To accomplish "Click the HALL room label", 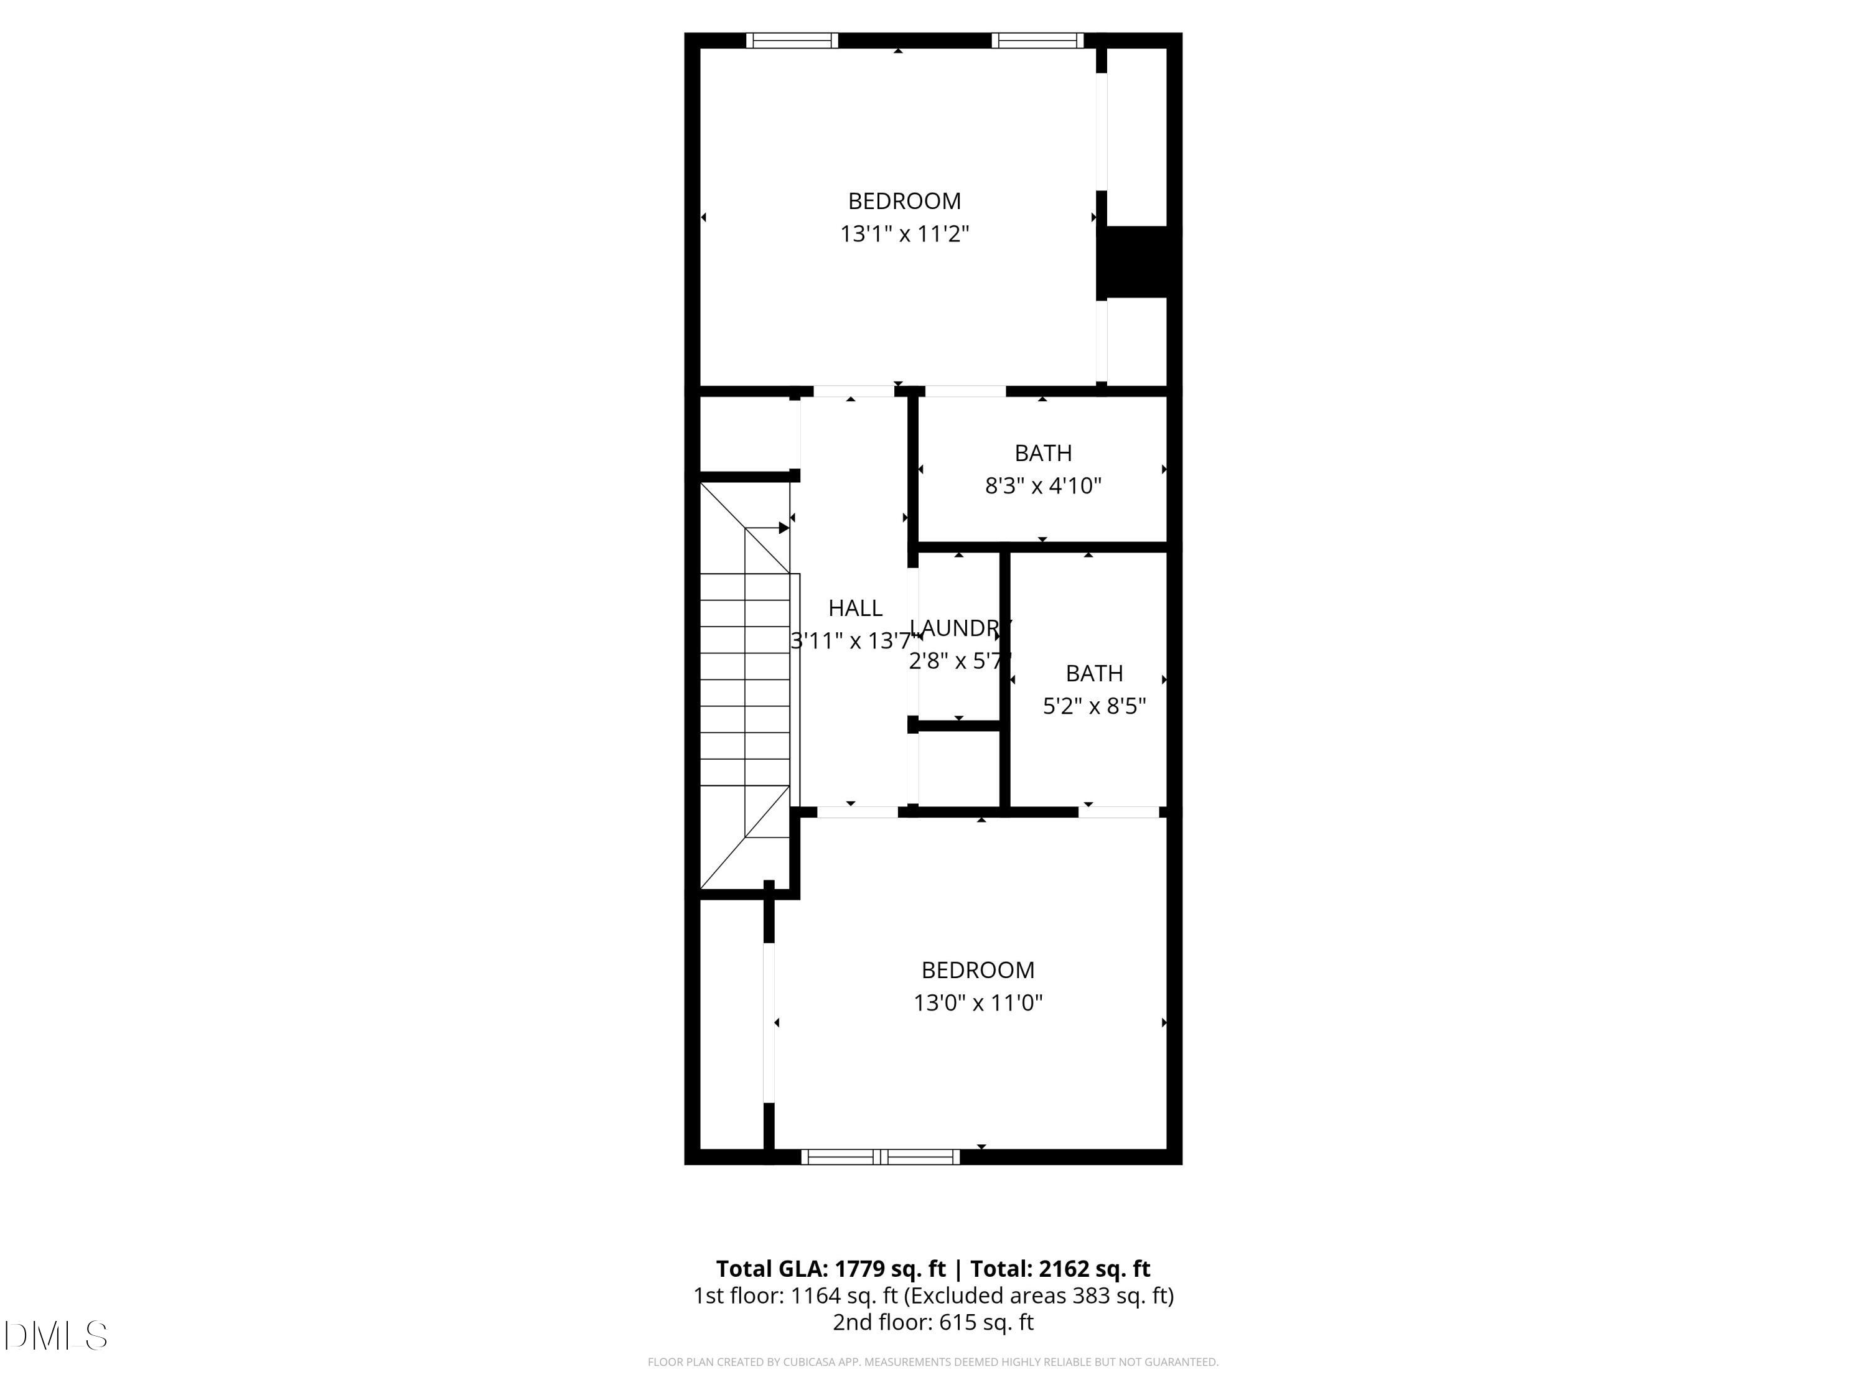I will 855,607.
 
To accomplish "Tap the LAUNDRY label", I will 960,628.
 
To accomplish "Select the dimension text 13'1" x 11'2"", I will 904,234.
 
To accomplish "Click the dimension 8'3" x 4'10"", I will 1043,486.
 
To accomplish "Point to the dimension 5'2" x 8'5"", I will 1094,706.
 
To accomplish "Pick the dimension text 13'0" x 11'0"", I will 978,1002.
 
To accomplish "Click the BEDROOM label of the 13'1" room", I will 904,201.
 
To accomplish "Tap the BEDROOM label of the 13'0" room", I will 978,969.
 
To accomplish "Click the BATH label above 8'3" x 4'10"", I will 1043,453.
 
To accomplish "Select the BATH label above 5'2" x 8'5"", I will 1094,673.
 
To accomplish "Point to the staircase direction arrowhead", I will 784,528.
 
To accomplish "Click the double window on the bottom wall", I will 881,1157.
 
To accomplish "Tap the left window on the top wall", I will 792,40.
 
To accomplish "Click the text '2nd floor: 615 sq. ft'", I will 933,1322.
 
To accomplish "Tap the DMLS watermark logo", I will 56,1336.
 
